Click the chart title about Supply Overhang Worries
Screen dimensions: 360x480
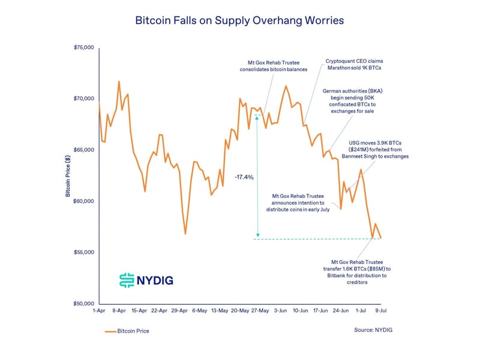pyautogui.click(x=239, y=20)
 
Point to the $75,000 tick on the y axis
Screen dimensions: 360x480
pyautogui.click(x=83, y=47)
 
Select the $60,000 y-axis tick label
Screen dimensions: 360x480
pyautogui.click(x=83, y=201)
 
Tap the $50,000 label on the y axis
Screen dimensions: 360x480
pyautogui.click(x=83, y=304)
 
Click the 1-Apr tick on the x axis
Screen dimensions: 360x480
pyautogui.click(x=100, y=311)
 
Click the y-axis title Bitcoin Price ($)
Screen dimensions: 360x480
pyautogui.click(x=68, y=175)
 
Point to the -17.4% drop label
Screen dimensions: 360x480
pyautogui.click(x=244, y=178)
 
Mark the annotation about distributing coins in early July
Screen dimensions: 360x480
pyautogui.click(x=298, y=203)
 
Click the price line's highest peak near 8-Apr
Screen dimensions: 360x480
pyautogui.click(x=119, y=82)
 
